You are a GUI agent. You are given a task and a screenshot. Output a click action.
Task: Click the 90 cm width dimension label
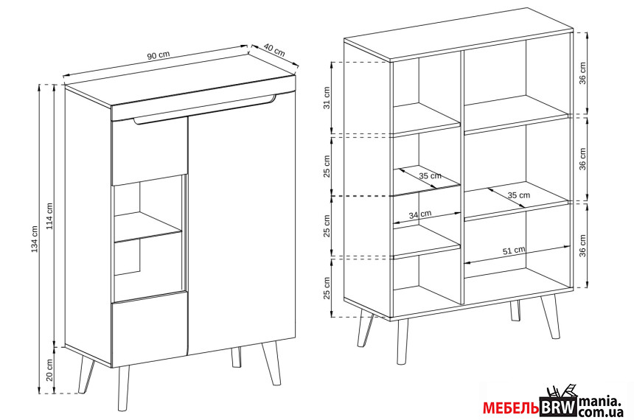pyautogui.click(x=158, y=56)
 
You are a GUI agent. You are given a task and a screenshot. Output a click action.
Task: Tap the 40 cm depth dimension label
pyautogui.click(x=274, y=49)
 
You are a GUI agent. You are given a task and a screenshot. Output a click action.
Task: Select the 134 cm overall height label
pyautogui.click(x=35, y=239)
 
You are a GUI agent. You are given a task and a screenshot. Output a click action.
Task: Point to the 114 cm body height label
pyautogui.click(x=49, y=216)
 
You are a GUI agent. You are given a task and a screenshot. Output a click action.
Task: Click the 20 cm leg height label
pyautogui.click(x=49, y=371)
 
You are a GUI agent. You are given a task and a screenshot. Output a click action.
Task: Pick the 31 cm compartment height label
pyautogui.click(x=327, y=98)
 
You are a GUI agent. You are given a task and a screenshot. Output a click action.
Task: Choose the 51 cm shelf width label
pyautogui.click(x=514, y=251)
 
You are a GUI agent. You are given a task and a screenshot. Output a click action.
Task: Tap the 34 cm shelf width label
pyautogui.click(x=420, y=214)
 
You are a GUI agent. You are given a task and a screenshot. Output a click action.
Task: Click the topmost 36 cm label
pyautogui.click(x=582, y=73)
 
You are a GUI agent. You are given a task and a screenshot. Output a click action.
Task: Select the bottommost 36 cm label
pyautogui.click(x=582, y=246)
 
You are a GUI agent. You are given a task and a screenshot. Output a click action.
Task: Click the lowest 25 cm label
pyautogui.click(x=327, y=287)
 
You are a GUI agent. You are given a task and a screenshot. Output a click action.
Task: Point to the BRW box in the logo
pyautogui.click(x=558, y=407)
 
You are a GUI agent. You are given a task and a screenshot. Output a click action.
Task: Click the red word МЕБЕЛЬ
pyautogui.click(x=511, y=408)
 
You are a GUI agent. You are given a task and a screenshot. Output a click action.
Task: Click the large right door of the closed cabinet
pyautogui.click(x=242, y=225)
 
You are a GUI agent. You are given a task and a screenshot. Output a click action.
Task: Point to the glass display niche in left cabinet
pyautogui.click(x=149, y=239)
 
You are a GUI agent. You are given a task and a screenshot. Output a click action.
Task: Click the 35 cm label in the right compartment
pyautogui.click(x=519, y=195)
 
